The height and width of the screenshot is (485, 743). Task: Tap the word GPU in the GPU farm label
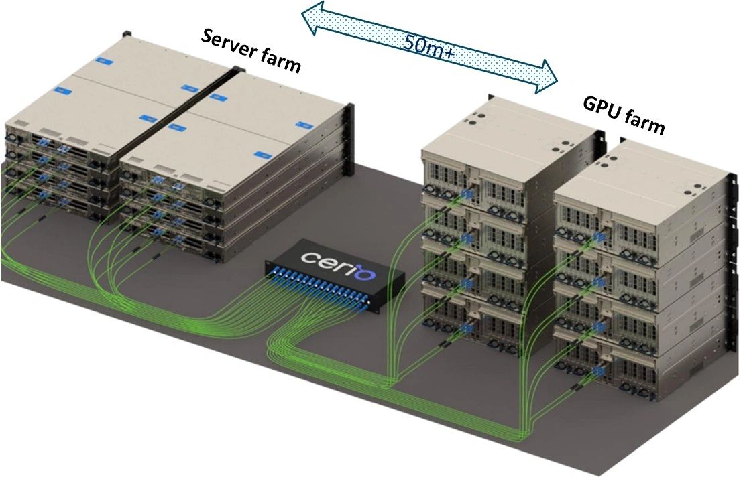click(x=602, y=107)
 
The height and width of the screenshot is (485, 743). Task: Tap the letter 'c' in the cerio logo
click(x=307, y=257)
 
